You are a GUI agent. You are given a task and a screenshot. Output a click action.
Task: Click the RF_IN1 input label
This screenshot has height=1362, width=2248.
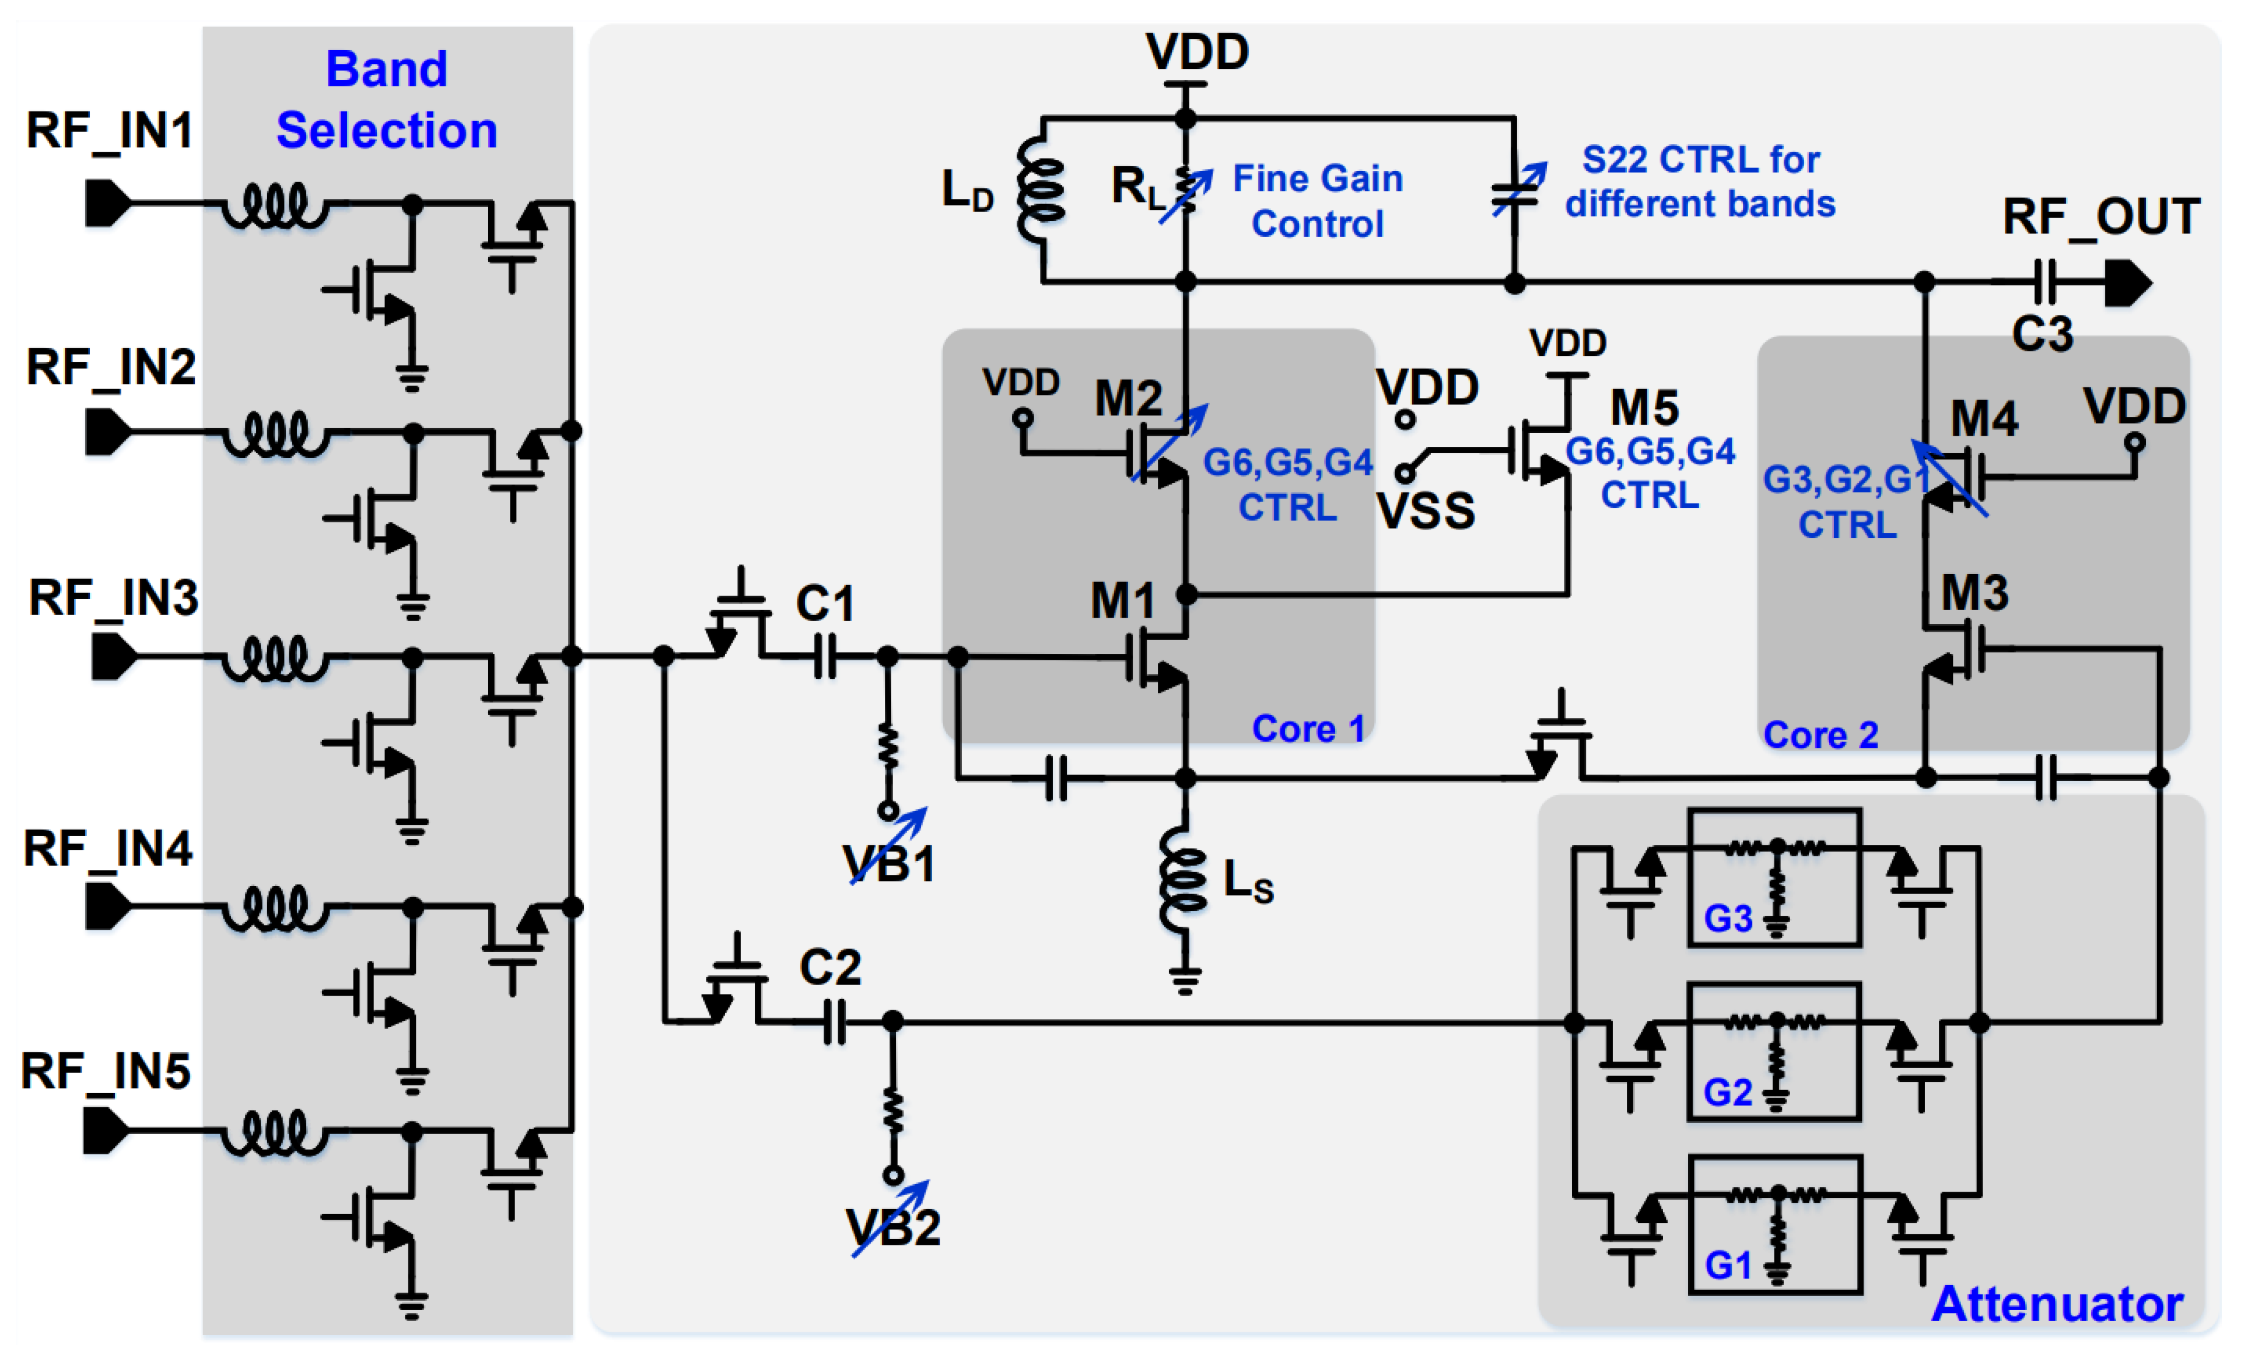(110, 131)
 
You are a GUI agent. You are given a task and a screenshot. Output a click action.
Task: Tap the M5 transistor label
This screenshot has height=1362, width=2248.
(1644, 408)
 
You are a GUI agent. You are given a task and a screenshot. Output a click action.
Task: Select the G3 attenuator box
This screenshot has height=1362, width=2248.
(1774, 878)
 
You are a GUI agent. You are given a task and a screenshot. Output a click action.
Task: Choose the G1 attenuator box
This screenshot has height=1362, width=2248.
(1774, 1224)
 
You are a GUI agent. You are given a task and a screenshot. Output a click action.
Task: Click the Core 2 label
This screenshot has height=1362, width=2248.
(1820, 734)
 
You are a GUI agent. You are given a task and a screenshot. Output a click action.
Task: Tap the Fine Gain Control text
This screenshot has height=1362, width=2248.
(1318, 201)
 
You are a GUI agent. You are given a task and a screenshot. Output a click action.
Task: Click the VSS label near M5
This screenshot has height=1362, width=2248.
(1425, 511)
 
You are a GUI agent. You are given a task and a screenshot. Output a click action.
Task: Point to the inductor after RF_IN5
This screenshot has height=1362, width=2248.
(274, 1132)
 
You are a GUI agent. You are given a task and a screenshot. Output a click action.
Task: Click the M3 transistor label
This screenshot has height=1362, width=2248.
(1974, 593)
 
